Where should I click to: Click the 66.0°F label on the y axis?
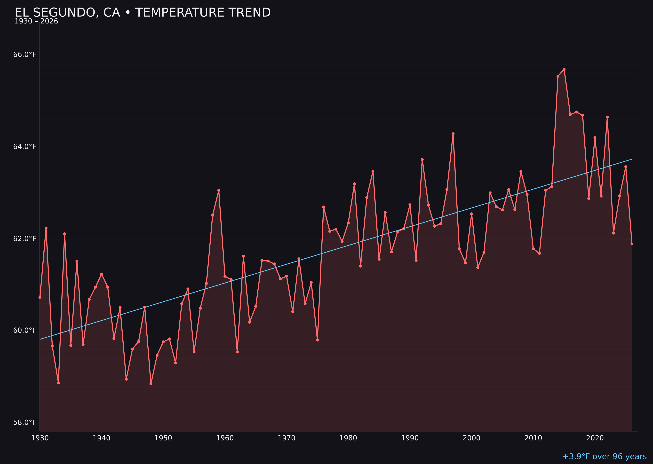point(25,54)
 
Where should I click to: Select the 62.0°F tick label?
point(25,239)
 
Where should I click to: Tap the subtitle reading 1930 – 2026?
point(36,21)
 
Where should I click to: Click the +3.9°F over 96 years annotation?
point(604,456)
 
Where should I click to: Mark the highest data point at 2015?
point(564,69)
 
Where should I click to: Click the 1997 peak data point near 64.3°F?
point(453,134)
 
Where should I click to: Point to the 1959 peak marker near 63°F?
point(218,190)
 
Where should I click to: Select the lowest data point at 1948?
point(151,384)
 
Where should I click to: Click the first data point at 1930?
point(40,297)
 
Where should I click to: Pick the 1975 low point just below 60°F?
point(317,340)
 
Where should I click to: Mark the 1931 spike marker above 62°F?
point(46,228)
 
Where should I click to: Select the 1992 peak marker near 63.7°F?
point(422,159)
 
